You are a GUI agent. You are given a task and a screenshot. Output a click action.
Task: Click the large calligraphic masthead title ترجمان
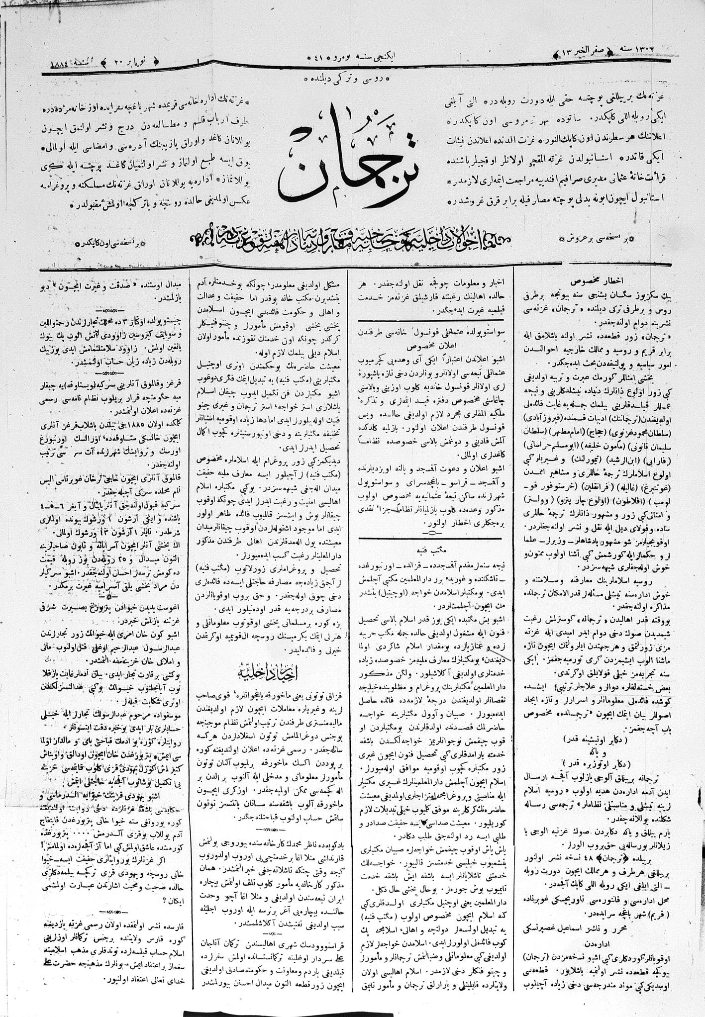pos(351,164)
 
